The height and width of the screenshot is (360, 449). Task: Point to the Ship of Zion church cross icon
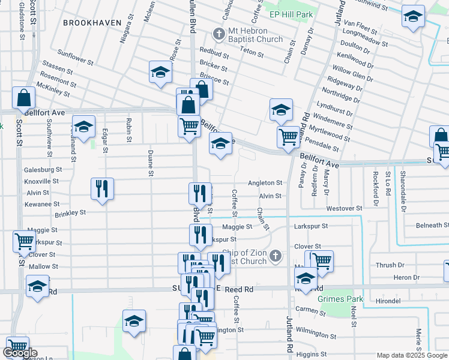click(x=276, y=256)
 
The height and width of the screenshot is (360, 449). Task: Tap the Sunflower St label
click(x=76, y=58)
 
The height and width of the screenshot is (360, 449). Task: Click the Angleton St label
click(x=265, y=182)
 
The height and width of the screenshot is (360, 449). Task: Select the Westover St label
click(x=344, y=208)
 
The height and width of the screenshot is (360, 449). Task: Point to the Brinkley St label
click(x=70, y=212)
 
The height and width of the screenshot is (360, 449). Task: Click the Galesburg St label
click(x=43, y=170)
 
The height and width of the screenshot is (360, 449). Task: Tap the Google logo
click(x=20, y=353)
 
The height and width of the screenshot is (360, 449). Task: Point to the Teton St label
click(x=252, y=53)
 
